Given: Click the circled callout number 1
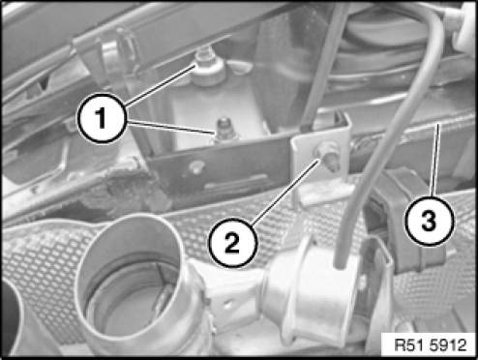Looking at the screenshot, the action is pos(102,118).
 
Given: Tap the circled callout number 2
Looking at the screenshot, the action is pos(233,243).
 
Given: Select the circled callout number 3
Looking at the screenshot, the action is pos(430,222).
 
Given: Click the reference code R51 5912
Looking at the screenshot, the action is pos(431,345).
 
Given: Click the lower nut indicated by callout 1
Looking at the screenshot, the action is pos(224,130).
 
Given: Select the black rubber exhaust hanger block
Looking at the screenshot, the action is pos(403,220).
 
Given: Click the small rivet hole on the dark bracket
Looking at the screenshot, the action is pos(195,166).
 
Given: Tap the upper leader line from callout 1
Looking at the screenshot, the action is pos(161,85).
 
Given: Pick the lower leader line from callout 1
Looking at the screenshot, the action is pos(171,127).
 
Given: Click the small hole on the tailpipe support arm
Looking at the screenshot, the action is pos(228,303).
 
